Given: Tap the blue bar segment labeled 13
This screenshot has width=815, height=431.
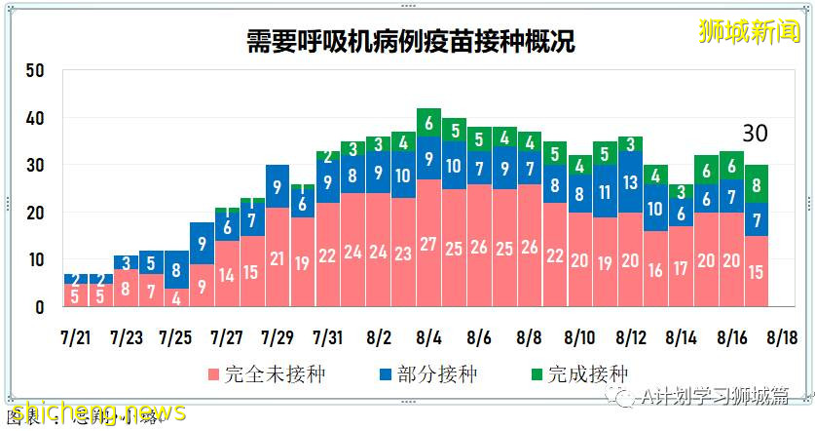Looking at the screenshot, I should [x=630, y=182].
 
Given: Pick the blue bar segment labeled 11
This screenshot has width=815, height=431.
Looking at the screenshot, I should [x=605, y=191].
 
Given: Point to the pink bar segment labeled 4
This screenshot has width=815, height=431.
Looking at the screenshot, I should [x=175, y=296].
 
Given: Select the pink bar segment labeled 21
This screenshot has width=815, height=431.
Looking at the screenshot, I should [x=277, y=258].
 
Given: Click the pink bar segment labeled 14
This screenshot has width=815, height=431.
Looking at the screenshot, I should [x=226, y=275].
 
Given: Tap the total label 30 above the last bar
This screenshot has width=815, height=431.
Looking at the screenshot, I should [x=757, y=136].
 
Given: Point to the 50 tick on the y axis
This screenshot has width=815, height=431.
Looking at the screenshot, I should [x=35, y=71].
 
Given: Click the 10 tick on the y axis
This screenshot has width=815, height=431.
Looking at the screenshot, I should [x=35, y=260].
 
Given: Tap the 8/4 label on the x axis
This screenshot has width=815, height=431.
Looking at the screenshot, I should [x=428, y=336].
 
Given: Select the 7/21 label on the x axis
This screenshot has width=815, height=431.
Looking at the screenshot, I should [x=74, y=336].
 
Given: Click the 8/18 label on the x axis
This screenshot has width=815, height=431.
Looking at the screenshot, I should [x=782, y=336].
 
